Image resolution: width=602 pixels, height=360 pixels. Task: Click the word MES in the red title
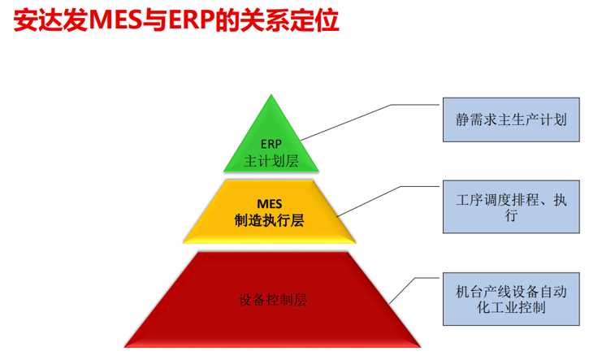[x=115, y=20]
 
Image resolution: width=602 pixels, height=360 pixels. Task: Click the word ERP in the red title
[x=191, y=20]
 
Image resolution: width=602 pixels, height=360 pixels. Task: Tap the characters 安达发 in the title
[x=50, y=20]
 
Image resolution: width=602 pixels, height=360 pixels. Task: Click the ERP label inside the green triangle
[x=271, y=144]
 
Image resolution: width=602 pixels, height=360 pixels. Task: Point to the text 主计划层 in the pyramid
[x=271, y=161]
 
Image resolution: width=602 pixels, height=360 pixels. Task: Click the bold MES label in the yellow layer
[x=269, y=204]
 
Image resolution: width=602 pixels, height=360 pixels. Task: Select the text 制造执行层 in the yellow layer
[x=269, y=220]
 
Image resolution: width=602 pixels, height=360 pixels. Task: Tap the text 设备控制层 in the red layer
[x=273, y=300]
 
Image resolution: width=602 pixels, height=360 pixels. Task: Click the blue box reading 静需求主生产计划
[x=511, y=120]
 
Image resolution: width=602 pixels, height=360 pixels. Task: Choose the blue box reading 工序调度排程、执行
[x=511, y=206]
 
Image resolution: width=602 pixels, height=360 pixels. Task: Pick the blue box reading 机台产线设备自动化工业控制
[x=511, y=299]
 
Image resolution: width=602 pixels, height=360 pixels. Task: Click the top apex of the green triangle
[x=271, y=94]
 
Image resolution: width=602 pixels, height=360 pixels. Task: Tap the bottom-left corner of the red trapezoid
[x=124, y=347]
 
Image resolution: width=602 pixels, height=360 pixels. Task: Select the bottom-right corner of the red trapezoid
[x=420, y=347]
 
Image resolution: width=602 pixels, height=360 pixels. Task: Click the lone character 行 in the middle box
[x=511, y=215]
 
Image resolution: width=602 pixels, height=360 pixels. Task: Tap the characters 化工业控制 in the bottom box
[x=511, y=307]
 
